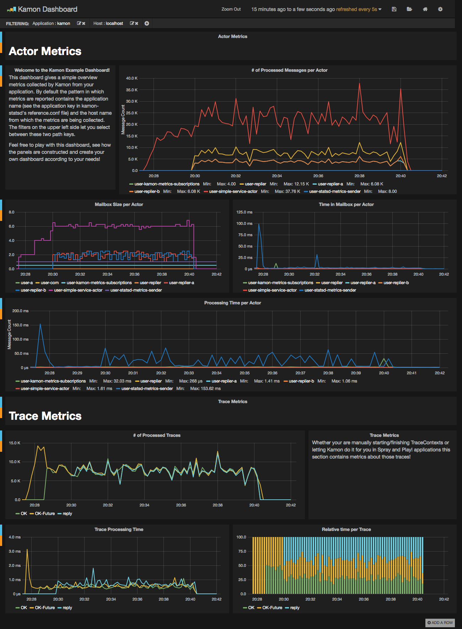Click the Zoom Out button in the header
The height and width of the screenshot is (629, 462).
pos(231,9)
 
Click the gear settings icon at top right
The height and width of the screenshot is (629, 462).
pos(440,9)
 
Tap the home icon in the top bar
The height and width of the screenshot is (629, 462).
pos(425,9)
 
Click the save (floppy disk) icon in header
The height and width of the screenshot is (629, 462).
pos(394,9)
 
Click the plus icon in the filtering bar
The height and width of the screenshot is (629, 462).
pos(147,23)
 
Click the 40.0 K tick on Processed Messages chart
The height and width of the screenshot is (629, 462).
pos(132,78)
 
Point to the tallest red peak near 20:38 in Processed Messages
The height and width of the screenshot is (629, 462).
pos(360,83)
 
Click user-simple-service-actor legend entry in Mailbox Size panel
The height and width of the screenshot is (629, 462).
pos(78,290)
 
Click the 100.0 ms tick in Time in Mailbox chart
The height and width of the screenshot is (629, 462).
pos(245,223)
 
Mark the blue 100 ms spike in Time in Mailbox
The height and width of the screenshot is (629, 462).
pos(259,224)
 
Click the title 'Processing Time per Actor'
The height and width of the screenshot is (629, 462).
pos(232,303)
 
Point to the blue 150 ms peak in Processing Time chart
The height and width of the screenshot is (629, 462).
pos(40,324)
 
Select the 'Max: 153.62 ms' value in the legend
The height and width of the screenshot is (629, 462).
pos(205,389)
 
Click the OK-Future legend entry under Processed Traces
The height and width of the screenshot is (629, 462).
pos(45,514)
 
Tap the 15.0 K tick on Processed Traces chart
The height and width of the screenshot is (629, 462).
pos(15,443)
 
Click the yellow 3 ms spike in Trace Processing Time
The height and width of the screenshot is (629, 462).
pos(27,550)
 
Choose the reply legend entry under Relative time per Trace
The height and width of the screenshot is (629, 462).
pos(295,608)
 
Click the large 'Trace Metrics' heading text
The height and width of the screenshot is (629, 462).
pos(45,416)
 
